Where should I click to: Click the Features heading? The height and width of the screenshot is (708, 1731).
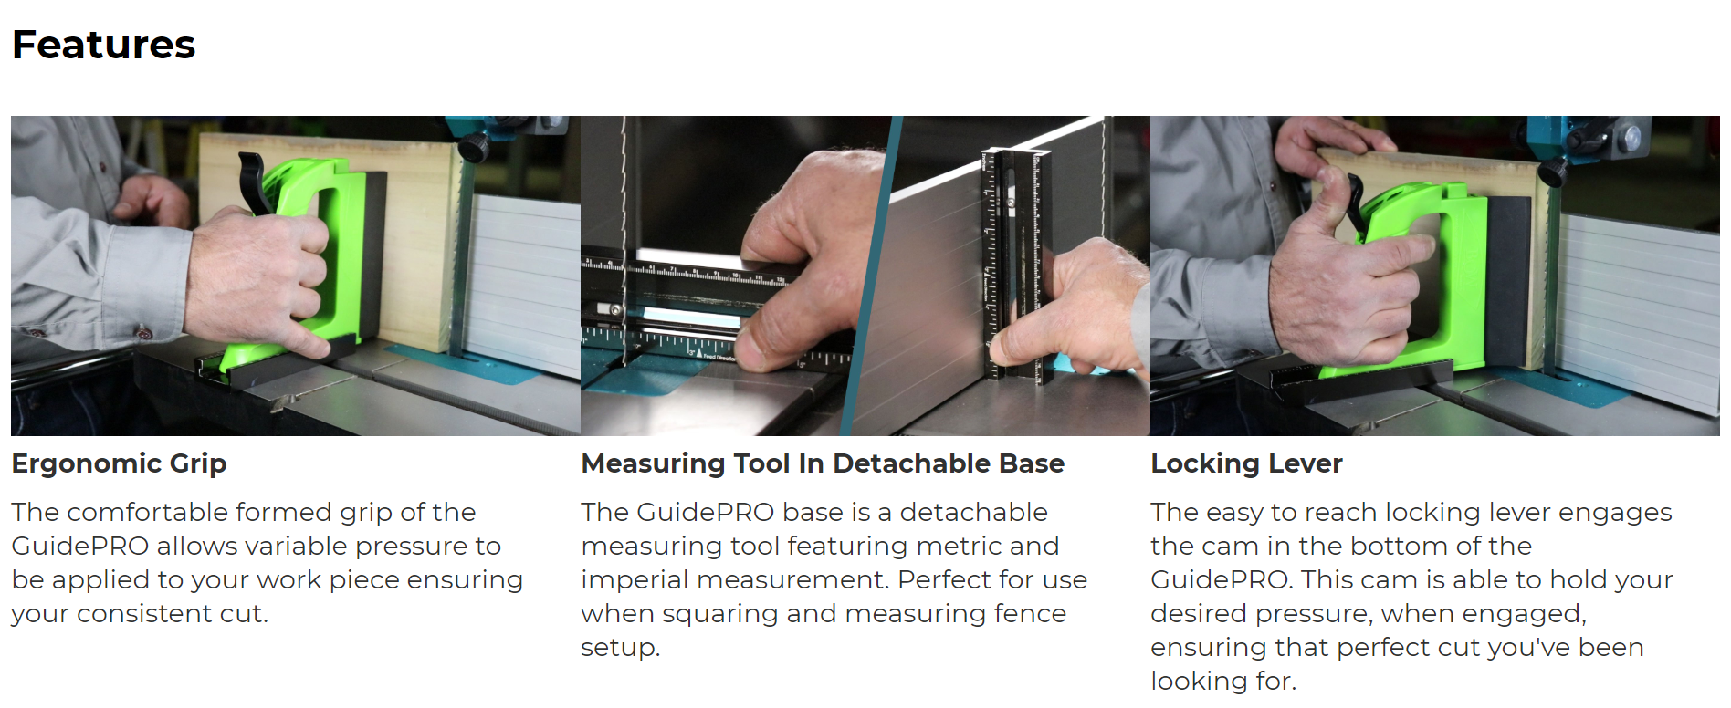tap(103, 45)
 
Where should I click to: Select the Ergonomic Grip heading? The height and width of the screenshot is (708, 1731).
tap(119, 463)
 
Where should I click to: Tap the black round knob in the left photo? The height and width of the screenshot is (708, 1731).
tap(473, 146)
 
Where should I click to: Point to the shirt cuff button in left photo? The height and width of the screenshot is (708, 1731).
tap(144, 332)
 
